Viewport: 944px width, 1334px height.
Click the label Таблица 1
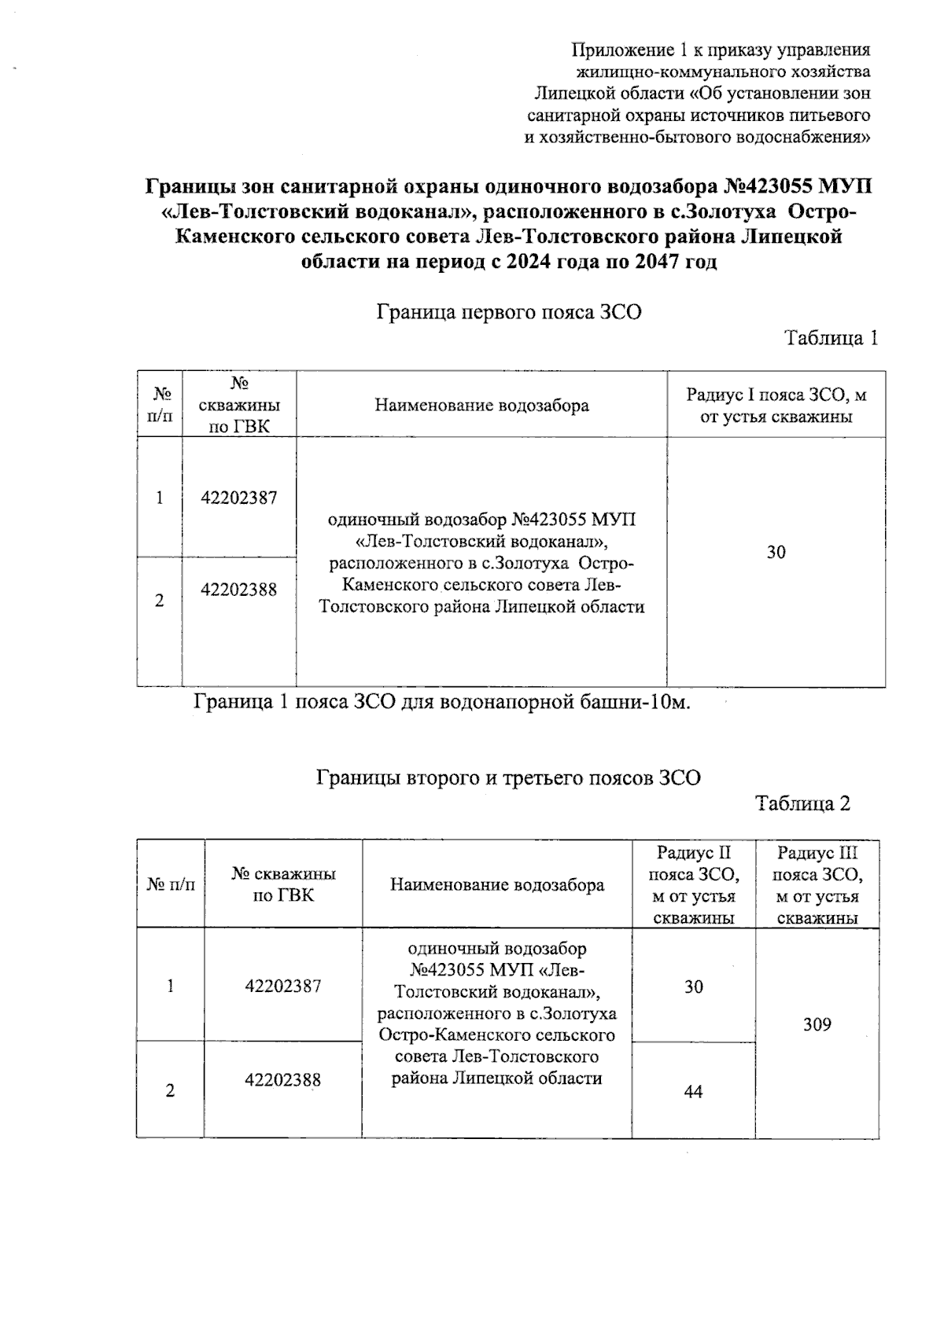click(x=831, y=339)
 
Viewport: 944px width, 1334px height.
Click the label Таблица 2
click(x=802, y=803)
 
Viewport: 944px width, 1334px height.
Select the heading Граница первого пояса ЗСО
click(x=509, y=313)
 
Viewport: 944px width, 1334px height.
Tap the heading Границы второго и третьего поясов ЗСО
click(x=508, y=778)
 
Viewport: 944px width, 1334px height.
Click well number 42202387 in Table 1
click(x=239, y=498)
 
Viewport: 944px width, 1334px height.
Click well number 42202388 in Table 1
click(x=239, y=590)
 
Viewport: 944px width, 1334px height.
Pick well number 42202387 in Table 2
click(x=283, y=986)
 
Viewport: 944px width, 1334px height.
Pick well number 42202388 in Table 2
click(x=283, y=1080)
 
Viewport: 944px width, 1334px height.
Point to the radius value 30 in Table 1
click(x=776, y=553)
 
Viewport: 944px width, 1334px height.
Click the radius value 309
click(x=817, y=1024)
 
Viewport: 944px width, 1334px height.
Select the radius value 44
click(x=693, y=1091)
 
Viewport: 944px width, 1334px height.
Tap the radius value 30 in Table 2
click(x=693, y=987)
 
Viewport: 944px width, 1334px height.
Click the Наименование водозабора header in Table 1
click(x=481, y=406)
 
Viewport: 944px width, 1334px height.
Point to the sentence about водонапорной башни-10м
click(x=442, y=701)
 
